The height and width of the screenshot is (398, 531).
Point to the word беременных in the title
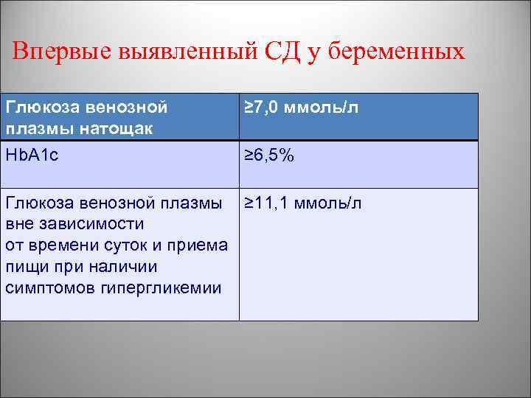(x=397, y=52)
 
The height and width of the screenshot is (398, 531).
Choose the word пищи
(x=23, y=266)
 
